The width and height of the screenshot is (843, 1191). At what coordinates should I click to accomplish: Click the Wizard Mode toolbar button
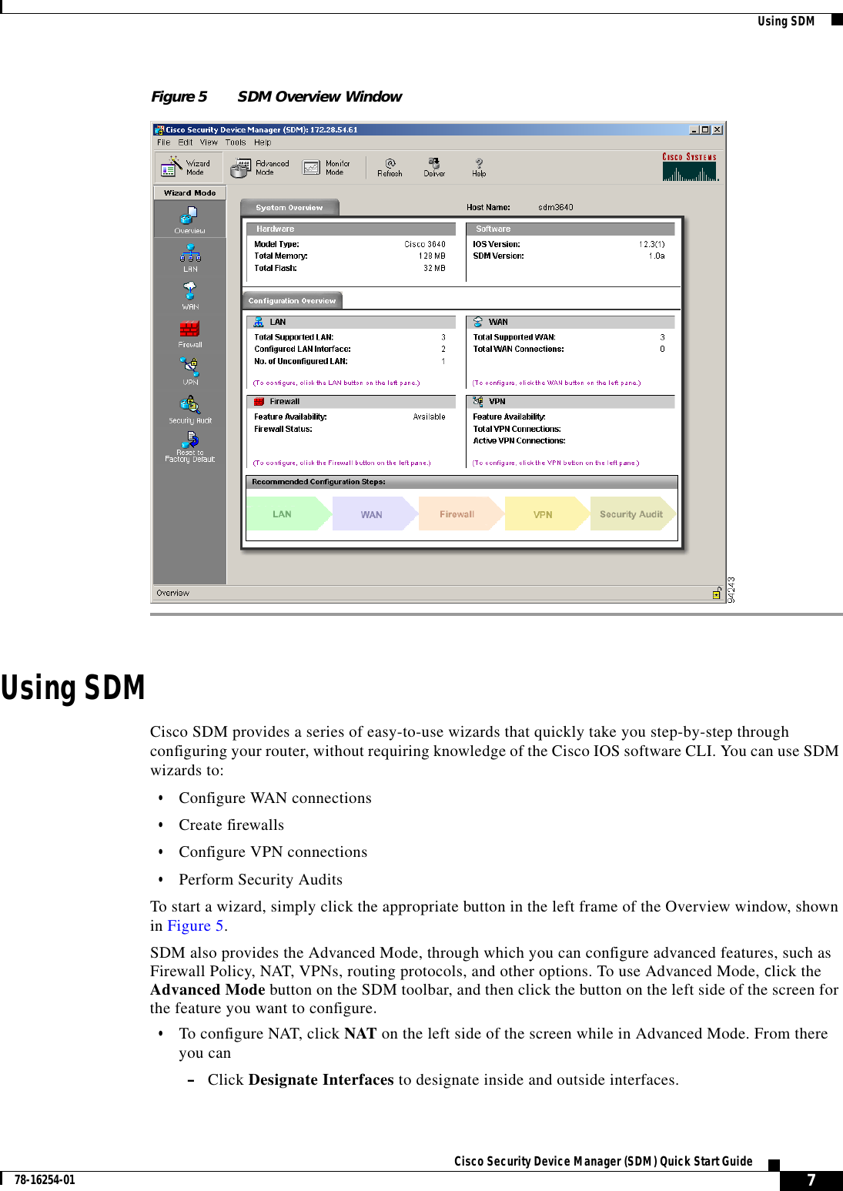(x=188, y=167)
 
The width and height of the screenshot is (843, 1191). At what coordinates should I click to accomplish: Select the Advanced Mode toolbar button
(x=260, y=167)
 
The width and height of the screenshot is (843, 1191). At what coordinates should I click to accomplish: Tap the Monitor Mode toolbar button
(x=326, y=167)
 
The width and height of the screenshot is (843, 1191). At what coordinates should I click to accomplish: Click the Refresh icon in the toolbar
(x=390, y=166)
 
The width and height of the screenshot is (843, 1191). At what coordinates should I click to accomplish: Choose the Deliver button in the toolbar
(x=434, y=166)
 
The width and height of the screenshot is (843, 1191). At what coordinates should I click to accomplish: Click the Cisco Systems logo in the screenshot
(x=689, y=166)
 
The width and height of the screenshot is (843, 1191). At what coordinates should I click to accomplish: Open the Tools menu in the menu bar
(x=235, y=142)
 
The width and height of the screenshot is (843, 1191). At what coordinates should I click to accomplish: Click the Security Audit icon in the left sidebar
(x=190, y=407)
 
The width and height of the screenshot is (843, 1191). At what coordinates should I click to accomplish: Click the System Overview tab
(x=289, y=208)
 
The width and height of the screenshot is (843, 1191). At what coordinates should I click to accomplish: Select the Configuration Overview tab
(x=292, y=301)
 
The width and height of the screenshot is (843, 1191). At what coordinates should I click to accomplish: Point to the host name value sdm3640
(x=555, y=207)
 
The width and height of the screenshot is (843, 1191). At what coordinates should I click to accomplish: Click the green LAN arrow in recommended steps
(x=284, y=514)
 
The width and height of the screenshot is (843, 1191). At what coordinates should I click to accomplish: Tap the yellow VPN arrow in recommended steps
(x=544, y=514)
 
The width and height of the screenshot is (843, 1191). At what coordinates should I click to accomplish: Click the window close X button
(x=718, y=130)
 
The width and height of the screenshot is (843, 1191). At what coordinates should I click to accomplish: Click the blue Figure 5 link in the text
(x=196, y=926)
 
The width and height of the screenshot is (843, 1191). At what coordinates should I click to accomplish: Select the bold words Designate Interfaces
(x=321, y=1080)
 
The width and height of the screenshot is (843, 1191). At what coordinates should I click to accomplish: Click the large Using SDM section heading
(x=73, y=688)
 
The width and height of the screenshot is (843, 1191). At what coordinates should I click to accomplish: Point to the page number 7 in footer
(x=811, y=1180)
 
